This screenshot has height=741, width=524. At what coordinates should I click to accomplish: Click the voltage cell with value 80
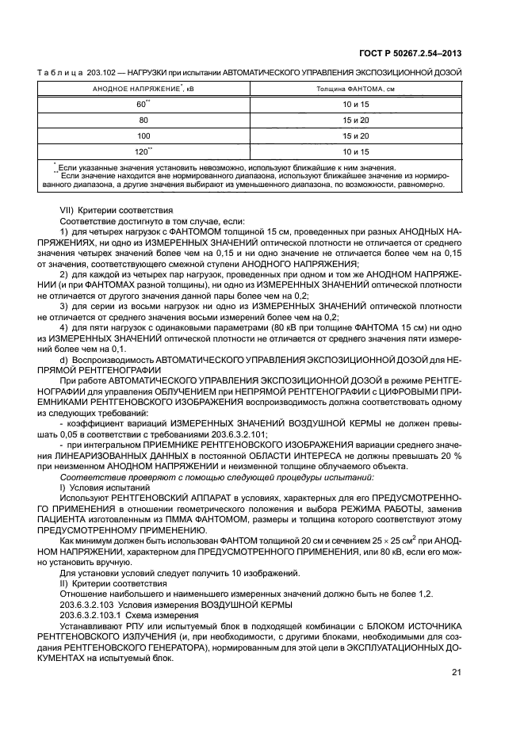143,120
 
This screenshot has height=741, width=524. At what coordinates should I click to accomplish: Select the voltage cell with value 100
143,136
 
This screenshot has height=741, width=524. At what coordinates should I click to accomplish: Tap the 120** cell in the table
143,151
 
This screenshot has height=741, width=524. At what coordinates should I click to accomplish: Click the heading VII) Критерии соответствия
111,212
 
